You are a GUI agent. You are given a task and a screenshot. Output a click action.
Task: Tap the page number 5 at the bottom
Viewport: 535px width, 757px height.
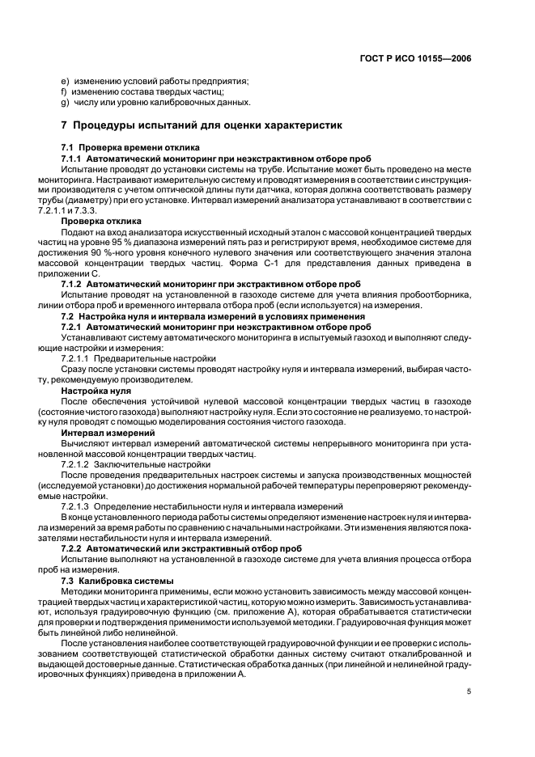[469, 691]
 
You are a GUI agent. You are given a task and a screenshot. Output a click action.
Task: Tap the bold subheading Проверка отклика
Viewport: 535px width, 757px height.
[101, 221]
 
